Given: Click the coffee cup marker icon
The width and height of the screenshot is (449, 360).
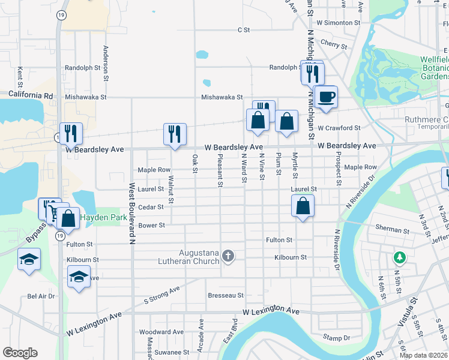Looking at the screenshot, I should click(326, 97).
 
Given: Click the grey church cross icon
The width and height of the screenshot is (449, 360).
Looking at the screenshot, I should click(228, 257).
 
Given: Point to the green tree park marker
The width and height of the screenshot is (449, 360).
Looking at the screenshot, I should click(399, 257).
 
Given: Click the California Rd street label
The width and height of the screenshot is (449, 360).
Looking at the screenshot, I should click(31, 95).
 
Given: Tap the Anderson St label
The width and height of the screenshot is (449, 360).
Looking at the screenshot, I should click(106, 63).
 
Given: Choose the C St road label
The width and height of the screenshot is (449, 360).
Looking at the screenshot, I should click(243, 29).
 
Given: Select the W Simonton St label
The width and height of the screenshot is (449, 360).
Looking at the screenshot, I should click(338, 22).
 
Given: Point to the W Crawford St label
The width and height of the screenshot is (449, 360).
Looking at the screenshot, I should click(339, 128).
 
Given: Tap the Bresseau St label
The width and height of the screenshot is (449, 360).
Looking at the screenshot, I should click(226, 295).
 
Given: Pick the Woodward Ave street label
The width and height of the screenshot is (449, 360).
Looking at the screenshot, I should click(161, 332).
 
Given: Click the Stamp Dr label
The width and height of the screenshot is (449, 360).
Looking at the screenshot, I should click(335, 337).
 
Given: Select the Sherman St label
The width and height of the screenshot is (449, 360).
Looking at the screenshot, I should click(392, 230).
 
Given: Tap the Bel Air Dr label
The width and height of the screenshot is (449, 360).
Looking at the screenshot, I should click(41, 296).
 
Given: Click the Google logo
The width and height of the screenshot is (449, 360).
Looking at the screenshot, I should click(20, 353).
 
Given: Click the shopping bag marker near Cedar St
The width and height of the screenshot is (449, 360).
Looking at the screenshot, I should click(303, 206).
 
